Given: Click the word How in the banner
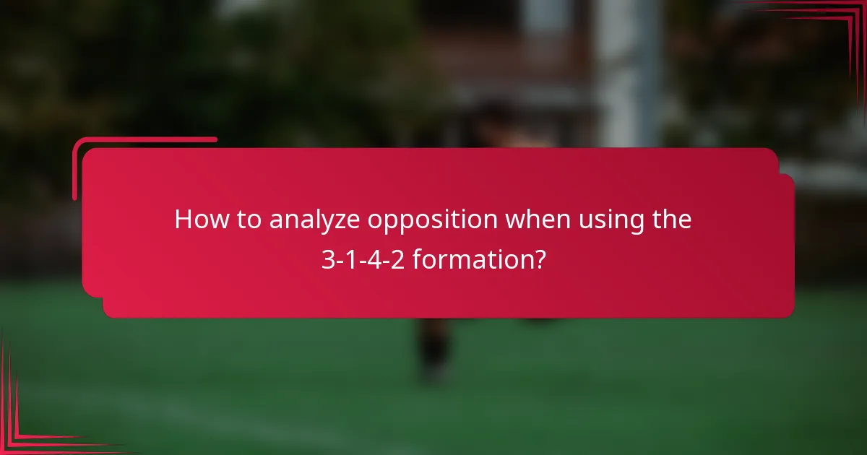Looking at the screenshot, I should tap(199, 220).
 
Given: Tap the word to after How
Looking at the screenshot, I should tap(246, 220).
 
